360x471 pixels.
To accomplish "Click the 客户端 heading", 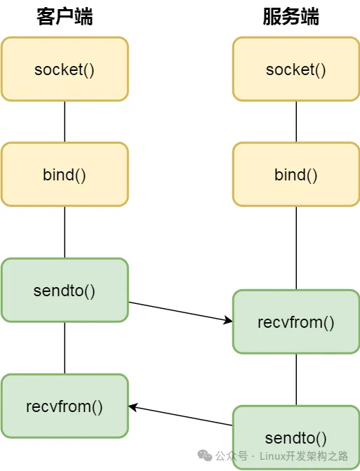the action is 65,17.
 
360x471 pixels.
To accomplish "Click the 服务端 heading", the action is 291,17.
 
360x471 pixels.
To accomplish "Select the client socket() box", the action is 65,69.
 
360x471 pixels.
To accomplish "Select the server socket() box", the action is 296,69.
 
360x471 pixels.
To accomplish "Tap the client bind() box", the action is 65,174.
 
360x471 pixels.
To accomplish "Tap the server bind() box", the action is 296,174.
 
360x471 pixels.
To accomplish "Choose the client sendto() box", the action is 65,290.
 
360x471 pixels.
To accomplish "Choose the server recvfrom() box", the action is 296,321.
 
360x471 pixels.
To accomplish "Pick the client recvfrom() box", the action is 65,406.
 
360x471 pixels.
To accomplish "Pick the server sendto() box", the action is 296,437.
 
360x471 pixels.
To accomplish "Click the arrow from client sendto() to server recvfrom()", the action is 180,312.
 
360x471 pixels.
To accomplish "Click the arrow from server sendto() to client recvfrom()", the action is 180,416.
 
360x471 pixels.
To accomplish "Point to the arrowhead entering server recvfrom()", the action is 228,321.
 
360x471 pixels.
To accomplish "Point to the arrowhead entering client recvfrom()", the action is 133,407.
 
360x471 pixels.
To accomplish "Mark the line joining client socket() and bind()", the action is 65,121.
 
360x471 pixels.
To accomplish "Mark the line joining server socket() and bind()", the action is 296,121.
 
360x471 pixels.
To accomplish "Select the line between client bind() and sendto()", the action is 65,232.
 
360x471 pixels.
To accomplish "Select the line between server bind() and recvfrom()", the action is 296,248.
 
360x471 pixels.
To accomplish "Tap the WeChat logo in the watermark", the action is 205,456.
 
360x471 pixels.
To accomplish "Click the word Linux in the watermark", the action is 272,456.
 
